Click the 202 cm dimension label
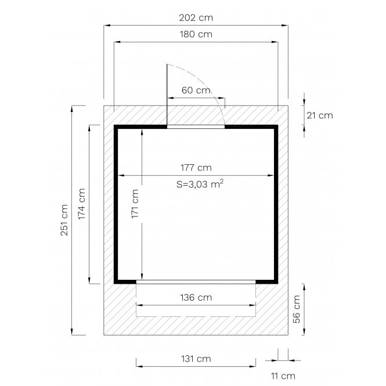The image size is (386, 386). [x=196, y=18]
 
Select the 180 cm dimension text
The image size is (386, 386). [x=196, y=34]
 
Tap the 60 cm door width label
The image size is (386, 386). [x=196, y=90]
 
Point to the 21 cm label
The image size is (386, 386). [x=319, y=115]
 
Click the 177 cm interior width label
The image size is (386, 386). [x=196, y=168]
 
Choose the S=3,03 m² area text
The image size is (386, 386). [x=200, y=184]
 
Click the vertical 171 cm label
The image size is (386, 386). [x=135, y=204]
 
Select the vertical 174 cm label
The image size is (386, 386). [x=81, y=204]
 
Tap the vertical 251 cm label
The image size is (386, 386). [x=64, y=220]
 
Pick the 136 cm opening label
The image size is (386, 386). [x=196, y=297]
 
